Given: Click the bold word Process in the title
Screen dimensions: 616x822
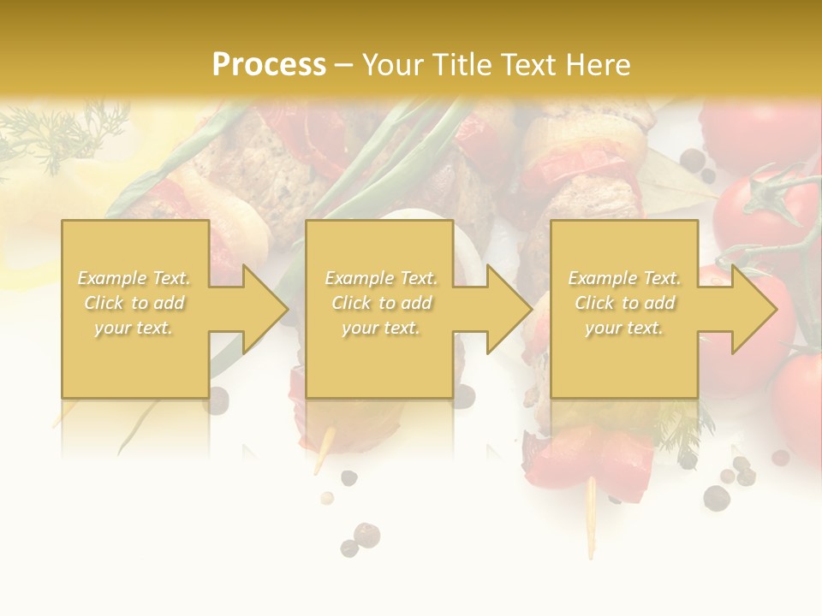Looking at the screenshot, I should tap(269, 64).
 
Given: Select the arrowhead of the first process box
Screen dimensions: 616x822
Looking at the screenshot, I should tap(267, 309).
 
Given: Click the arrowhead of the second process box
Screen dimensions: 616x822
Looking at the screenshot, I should tap(511, 309).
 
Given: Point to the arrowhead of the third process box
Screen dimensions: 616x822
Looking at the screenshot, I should tap(756, 309).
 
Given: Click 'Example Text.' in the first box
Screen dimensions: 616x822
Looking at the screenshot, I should tap(134, 278).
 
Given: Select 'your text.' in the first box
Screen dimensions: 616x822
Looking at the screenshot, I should tap(134, 328).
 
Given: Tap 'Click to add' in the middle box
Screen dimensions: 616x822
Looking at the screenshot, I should tap(381, 303).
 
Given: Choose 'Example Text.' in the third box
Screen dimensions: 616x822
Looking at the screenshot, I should tap(624, 278).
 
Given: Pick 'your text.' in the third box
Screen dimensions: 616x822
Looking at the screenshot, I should tap(624, 328).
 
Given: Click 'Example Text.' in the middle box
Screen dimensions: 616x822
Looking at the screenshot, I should tap(381, 278).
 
